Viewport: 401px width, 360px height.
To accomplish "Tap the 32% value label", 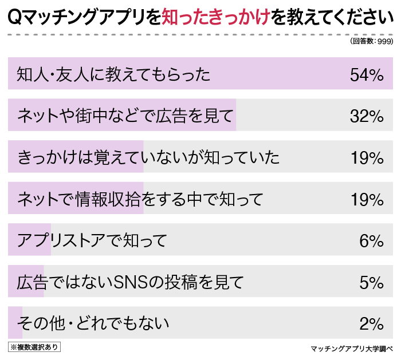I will [x=366, y=117].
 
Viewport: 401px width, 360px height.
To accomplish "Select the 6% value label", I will [x=371, y=241].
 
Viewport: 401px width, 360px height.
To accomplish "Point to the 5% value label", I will [x=371, y=283].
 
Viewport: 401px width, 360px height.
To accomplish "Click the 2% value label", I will [x=371, y=324].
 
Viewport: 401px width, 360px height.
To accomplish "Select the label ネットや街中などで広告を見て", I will [x=125, y=117].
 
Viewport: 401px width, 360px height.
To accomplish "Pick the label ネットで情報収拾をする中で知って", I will [x=140, y=200].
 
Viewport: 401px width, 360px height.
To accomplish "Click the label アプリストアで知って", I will [x=92, y=241].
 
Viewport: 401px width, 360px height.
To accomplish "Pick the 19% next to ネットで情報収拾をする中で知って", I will [x=366, y=200].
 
